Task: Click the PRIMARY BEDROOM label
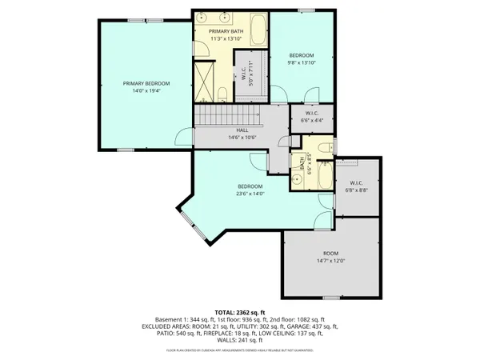tap(146, 82)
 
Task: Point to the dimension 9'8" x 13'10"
tap(302, 62)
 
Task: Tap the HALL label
tap(241, 130)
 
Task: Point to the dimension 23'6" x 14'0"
tap(250, 194)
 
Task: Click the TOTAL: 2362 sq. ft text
tap(239, 311)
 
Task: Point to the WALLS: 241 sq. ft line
tap(239, 340)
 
